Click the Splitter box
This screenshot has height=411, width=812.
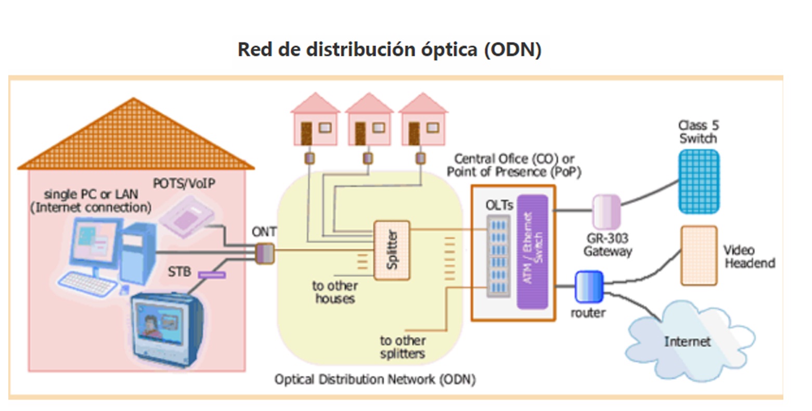(x=392, y=250)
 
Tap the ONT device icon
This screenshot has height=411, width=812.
(x=264, y=253)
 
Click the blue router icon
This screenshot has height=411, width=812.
(x=589, y=286)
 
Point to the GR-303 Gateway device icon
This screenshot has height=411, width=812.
(x=607, y=211)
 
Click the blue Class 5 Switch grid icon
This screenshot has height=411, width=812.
(x=699, y=181)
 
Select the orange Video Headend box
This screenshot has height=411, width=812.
(x=699, y=255)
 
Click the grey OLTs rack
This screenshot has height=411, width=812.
(x=498, y=256)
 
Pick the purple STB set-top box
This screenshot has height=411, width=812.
(x=212, y=274)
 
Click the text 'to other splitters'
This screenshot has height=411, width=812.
(x=402, y=347)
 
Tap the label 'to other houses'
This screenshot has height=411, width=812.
(x=335, y=292)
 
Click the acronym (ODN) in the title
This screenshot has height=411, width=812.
(x=512, y=49)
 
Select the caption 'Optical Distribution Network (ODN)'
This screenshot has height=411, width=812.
(x=375, y=380)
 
